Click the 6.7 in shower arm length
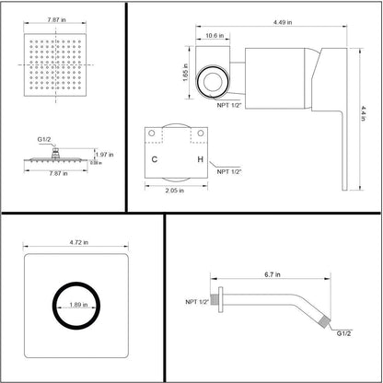(272, 275)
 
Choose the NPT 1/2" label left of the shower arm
(195, 301)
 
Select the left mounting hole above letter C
(161, 134)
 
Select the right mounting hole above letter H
(199, 134)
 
